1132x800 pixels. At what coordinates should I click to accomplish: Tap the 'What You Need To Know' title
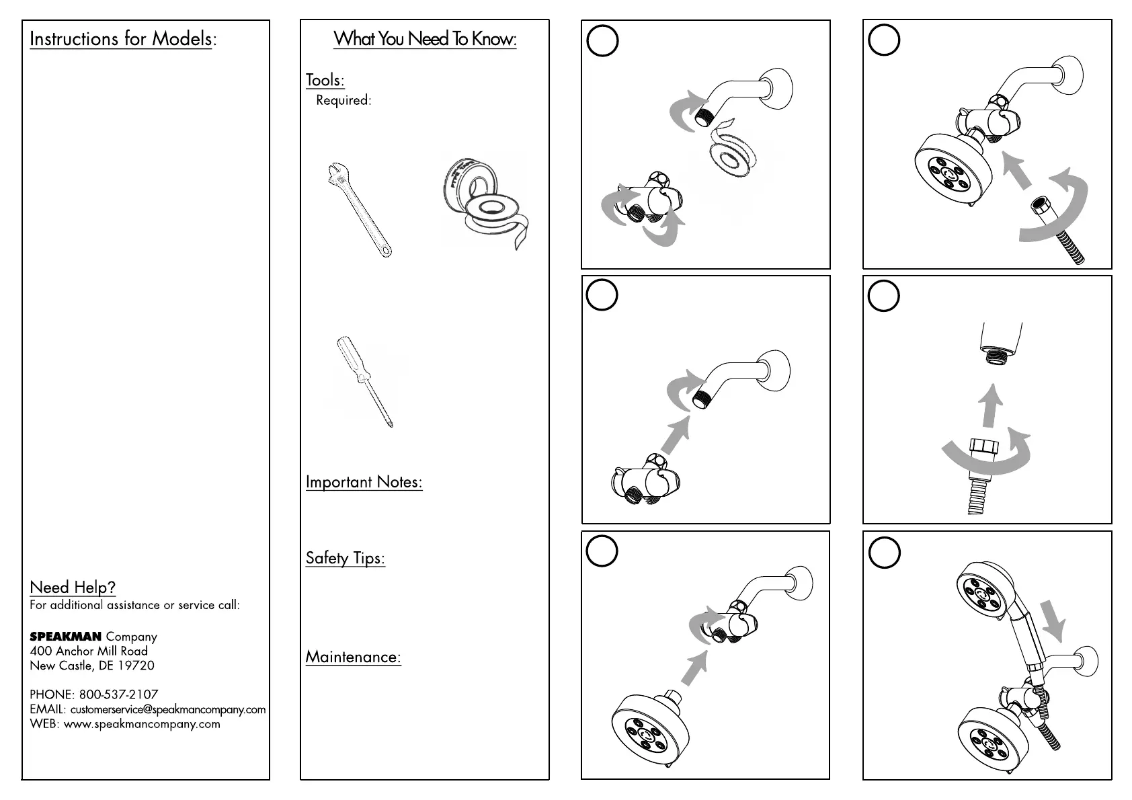click(x=425, y=39)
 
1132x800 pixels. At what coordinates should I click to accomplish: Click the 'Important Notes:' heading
click(x=364, y=482)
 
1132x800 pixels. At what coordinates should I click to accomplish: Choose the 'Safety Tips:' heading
click(x=345, y=558)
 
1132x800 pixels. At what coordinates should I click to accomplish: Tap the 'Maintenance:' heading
click(x=353, y=657)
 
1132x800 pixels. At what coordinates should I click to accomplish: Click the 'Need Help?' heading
click(x=73, y=588)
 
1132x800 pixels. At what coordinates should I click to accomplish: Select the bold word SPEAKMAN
click(x=65, y=637)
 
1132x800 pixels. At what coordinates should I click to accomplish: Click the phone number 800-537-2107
click(x=118, y=694)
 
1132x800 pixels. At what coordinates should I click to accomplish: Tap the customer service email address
click(x=167, y=709)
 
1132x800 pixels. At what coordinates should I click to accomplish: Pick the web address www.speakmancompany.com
click(x=142, y=724)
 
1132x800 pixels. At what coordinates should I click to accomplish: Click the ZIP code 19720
click(x=136, y=666)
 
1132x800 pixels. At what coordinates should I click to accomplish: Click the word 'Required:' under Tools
click(x=343, y=100)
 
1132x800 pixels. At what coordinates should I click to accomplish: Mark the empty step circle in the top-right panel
click(x=884, y=41)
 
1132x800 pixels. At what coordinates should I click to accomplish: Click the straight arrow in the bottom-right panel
click(x=1052, y=620)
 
